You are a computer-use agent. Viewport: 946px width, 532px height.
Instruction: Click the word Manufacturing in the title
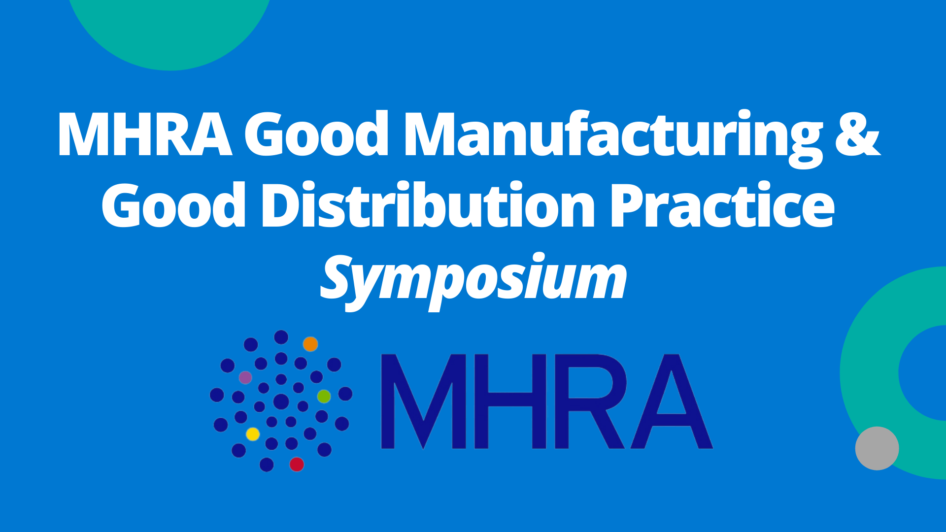pos(612,137)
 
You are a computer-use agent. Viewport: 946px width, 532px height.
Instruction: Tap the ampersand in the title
pos(857,133)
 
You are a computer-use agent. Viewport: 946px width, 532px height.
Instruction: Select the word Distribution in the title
pos(428,204)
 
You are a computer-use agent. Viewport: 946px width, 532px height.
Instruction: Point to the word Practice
pos(722,204)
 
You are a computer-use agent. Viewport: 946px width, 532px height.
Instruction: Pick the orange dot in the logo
pos(310,344)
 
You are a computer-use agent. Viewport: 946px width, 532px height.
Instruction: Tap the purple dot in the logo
pos(245,378)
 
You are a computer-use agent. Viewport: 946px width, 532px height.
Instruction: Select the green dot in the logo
pos(324,396)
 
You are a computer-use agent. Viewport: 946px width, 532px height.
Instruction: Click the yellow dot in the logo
pos(253,434)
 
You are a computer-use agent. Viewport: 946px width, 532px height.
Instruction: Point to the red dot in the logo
pos(297,464)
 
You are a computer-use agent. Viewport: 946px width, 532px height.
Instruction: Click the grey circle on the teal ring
pos(877,448)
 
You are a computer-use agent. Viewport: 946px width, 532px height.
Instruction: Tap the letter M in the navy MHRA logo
pos(424,401)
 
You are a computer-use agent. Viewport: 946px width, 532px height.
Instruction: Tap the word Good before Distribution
pos(174,204)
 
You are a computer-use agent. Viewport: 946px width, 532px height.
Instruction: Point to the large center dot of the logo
pos(281,401)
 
